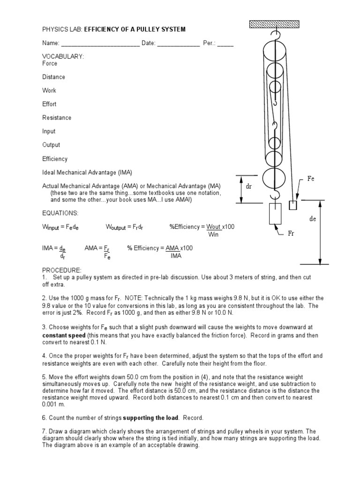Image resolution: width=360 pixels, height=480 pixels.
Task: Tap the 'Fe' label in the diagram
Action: click(310, 179)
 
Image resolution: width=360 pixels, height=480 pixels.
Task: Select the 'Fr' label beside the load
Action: click(292, 232)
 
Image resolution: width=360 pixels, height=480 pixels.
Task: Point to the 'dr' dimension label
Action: click(249, 186)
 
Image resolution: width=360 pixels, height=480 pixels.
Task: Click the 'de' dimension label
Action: click(313, 219)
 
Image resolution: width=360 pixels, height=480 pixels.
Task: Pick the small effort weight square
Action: click(293, 205)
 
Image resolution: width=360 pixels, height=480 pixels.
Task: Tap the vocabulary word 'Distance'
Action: click(54, 77)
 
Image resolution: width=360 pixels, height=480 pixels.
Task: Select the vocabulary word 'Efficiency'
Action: click(55, 159)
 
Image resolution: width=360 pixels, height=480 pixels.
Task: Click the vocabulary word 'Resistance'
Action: click(57, 118)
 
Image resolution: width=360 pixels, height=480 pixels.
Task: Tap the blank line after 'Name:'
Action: click(100, 44)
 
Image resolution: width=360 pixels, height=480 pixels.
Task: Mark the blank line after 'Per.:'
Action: click(225, 44)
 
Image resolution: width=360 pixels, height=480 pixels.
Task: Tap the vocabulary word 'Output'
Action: click(51, 145)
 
